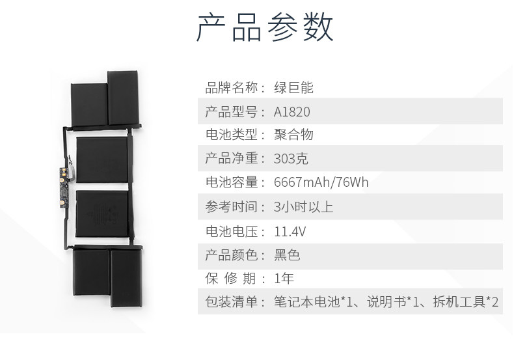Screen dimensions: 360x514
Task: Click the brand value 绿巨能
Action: coord(294,88)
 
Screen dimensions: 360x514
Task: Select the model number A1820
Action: coord(292,112)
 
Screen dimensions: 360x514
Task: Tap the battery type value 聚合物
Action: coord(294,135)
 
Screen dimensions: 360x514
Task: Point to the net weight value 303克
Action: coord(292,158)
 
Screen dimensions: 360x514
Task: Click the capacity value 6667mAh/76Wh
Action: coord(321,182)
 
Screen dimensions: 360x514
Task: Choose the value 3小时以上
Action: coord(304,207)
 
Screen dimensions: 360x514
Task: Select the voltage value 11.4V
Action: coord(290,231)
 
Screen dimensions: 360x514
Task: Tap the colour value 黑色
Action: coord(287,255)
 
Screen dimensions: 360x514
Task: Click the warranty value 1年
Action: coord(284,279)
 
